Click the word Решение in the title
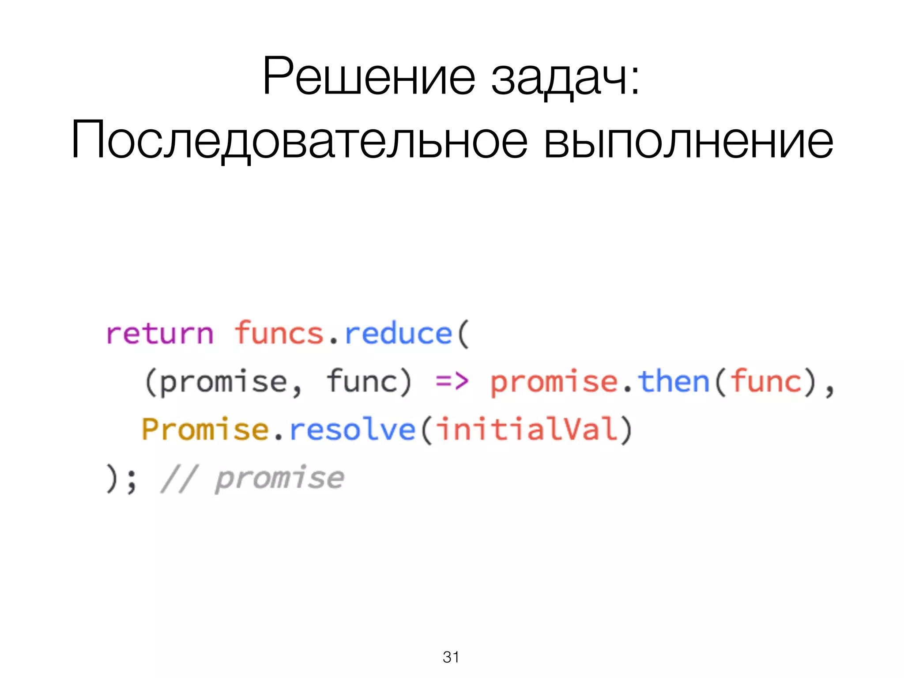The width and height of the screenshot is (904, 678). pos(369,76)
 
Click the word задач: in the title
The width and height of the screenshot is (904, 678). pos(565,78)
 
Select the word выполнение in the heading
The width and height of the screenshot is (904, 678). pos(688,140)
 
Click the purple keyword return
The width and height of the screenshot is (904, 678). pos(160,334)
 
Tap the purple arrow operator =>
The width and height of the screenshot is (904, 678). pos(452,381)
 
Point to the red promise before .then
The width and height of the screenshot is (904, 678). pos(554,382)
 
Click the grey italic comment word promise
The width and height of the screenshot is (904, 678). pos(279,478)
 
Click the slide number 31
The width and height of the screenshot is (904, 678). pos(451,657)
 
